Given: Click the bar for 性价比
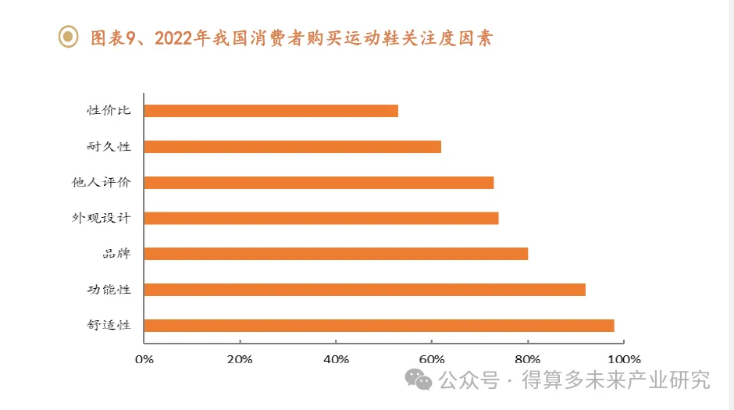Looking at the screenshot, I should (271, 111).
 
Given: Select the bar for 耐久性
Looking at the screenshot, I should (292, 147).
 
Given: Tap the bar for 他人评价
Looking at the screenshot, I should (319, 183).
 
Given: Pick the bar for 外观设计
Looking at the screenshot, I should (321, 218).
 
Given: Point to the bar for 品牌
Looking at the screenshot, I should (336, 254).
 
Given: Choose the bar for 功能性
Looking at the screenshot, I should (365, 290).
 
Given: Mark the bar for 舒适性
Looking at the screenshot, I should (379, 326).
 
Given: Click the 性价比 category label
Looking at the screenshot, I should (109, 110).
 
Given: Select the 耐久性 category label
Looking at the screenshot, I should (109, 146).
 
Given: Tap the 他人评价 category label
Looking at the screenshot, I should (101, 182).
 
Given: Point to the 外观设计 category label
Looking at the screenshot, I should (101, 218).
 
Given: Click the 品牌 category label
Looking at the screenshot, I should (116, 254).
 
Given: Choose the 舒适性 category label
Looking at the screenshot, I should (109, 326).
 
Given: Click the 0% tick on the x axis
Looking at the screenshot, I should (144, 359).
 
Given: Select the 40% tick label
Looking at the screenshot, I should (336, 359).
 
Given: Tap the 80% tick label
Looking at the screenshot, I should (528, 359).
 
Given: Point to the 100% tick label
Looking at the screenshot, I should (623, 359).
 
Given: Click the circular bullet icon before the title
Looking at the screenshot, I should (70, 37).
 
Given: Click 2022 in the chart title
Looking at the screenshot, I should (173, 37).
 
